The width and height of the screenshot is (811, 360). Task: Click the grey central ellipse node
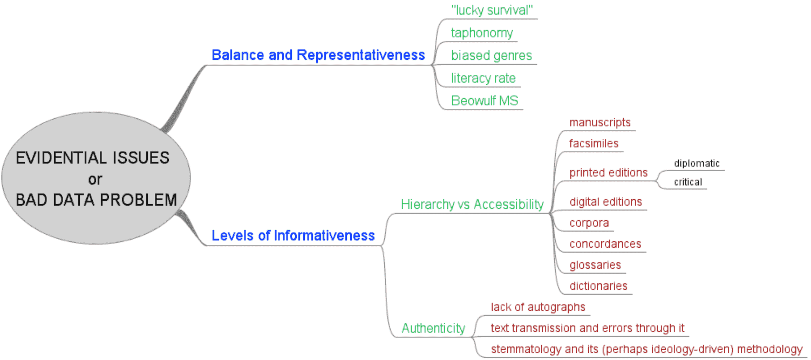point(96,179)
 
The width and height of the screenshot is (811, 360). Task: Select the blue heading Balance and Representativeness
point(318,55)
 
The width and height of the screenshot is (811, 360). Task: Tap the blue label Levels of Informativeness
point(293,235)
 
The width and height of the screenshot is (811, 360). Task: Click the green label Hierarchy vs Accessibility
point(472,205)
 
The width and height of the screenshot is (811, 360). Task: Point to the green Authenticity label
point(433,328)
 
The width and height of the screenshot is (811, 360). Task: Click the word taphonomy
point(482,33)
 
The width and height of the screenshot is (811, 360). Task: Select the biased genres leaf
point(492,56)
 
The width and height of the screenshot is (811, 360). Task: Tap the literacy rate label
point(483,78)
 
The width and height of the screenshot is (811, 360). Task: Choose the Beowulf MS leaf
point(485,101)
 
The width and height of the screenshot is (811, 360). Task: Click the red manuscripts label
point(599,123)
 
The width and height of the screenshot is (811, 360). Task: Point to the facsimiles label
point(594,144)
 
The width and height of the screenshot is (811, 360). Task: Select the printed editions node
point(608,173)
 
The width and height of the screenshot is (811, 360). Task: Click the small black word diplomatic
point(697,164)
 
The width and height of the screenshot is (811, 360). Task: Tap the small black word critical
point(688,182)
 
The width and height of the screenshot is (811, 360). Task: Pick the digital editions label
point(605,202)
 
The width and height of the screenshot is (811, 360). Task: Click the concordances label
point(605,244)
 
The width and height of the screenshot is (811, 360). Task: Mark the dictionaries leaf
point(598,286)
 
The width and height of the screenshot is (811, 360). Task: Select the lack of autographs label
point(538,307)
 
